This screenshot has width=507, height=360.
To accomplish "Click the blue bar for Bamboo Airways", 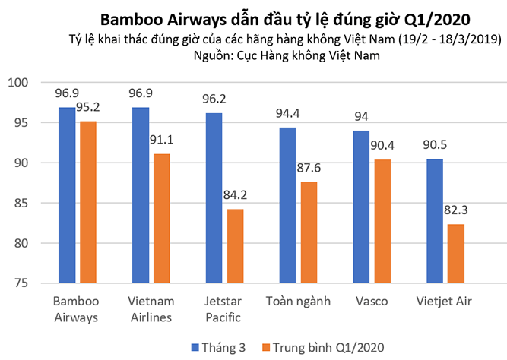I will click(67, 195).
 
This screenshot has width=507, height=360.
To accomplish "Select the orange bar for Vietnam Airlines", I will click(163, 219).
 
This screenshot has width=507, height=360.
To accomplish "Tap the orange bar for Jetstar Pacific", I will click(236, 246).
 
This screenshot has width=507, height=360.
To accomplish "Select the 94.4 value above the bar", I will click(287, 114).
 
